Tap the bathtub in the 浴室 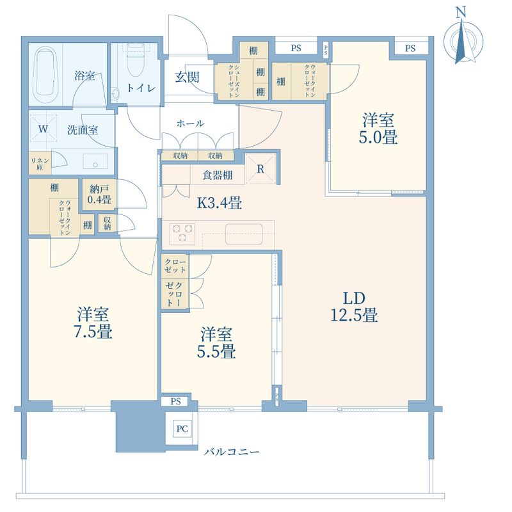tap(46, 75)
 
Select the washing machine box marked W tap(44, 129)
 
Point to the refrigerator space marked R tap(260, 168)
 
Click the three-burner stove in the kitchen tap(182, 233)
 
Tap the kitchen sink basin tap(244, 234)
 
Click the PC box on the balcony tap(182, 428)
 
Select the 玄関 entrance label tap(187, 77)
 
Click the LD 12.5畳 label tap(355, 307)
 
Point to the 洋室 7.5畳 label tap(93, 323)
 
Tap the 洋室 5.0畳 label tap(378, 129)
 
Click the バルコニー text tap(232, 452)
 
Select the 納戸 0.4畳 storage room tap(99, 195)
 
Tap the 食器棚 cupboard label tap(217, 175)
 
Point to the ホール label tap(190, 124)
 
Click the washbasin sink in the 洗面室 tap(95, 161)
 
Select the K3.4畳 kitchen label tap(219, 203)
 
